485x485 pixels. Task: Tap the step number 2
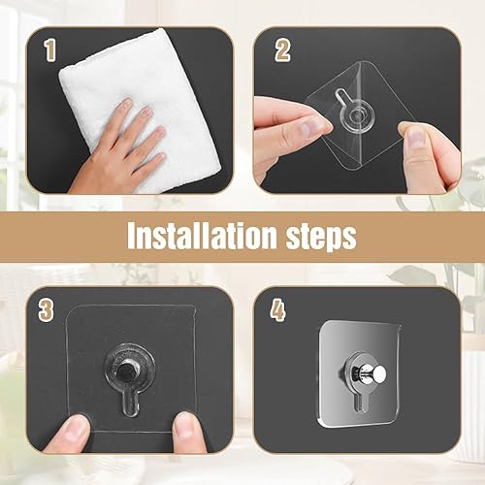[282, 49]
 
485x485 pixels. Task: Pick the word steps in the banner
[316, 237]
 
